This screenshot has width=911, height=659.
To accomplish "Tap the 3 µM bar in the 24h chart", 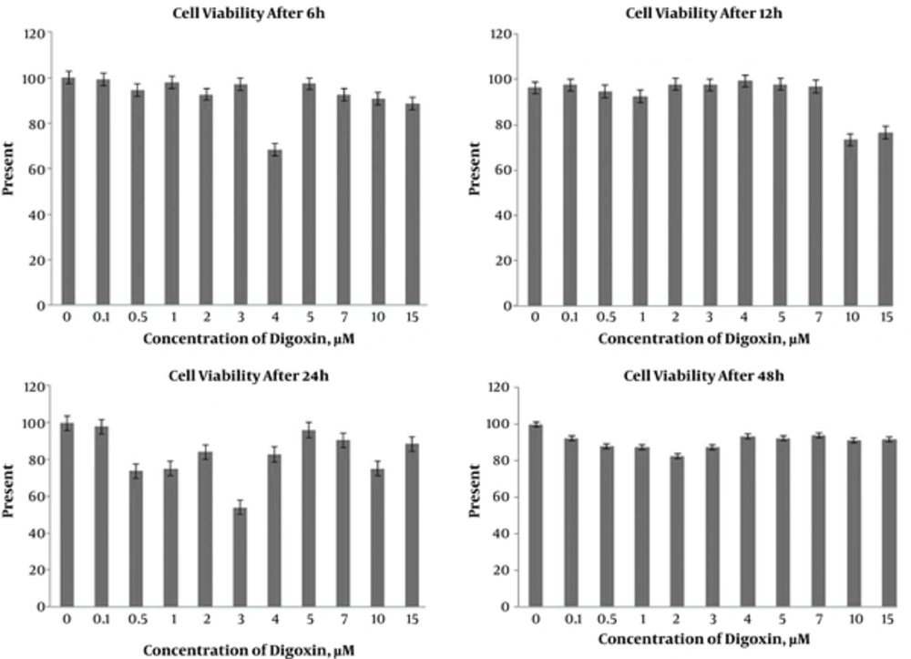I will pyautogui.click(x=241, y=557).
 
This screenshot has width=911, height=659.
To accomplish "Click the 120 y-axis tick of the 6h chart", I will pyautogui.click(x=35, y=35).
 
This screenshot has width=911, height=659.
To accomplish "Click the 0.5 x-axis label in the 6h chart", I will pyautogui.click(x=137, y=318).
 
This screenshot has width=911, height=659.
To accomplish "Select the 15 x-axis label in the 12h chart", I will pyautogui.click(x=885, y=317).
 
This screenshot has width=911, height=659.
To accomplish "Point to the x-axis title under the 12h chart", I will pyautogui.click(x=703, y=338).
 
